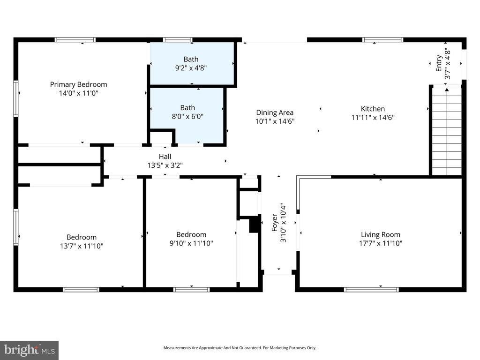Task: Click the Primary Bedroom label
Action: [78, 84]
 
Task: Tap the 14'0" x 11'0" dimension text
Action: [78, 93]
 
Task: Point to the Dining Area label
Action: [275, 112]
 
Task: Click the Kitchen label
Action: [373, 109]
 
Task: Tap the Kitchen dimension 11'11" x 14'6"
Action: [373, 118]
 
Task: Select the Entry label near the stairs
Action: [439, 63]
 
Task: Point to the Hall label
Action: [165, 157]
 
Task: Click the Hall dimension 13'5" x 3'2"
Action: [165, 165]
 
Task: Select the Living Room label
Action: [380, 234]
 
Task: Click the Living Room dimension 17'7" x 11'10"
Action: [380, 243]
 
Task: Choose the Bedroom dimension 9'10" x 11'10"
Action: [191, 243]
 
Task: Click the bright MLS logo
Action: [29, 350]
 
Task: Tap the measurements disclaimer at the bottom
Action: [240, 348]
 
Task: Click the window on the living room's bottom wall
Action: [371, 289]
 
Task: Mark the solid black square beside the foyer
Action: [255, 225]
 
